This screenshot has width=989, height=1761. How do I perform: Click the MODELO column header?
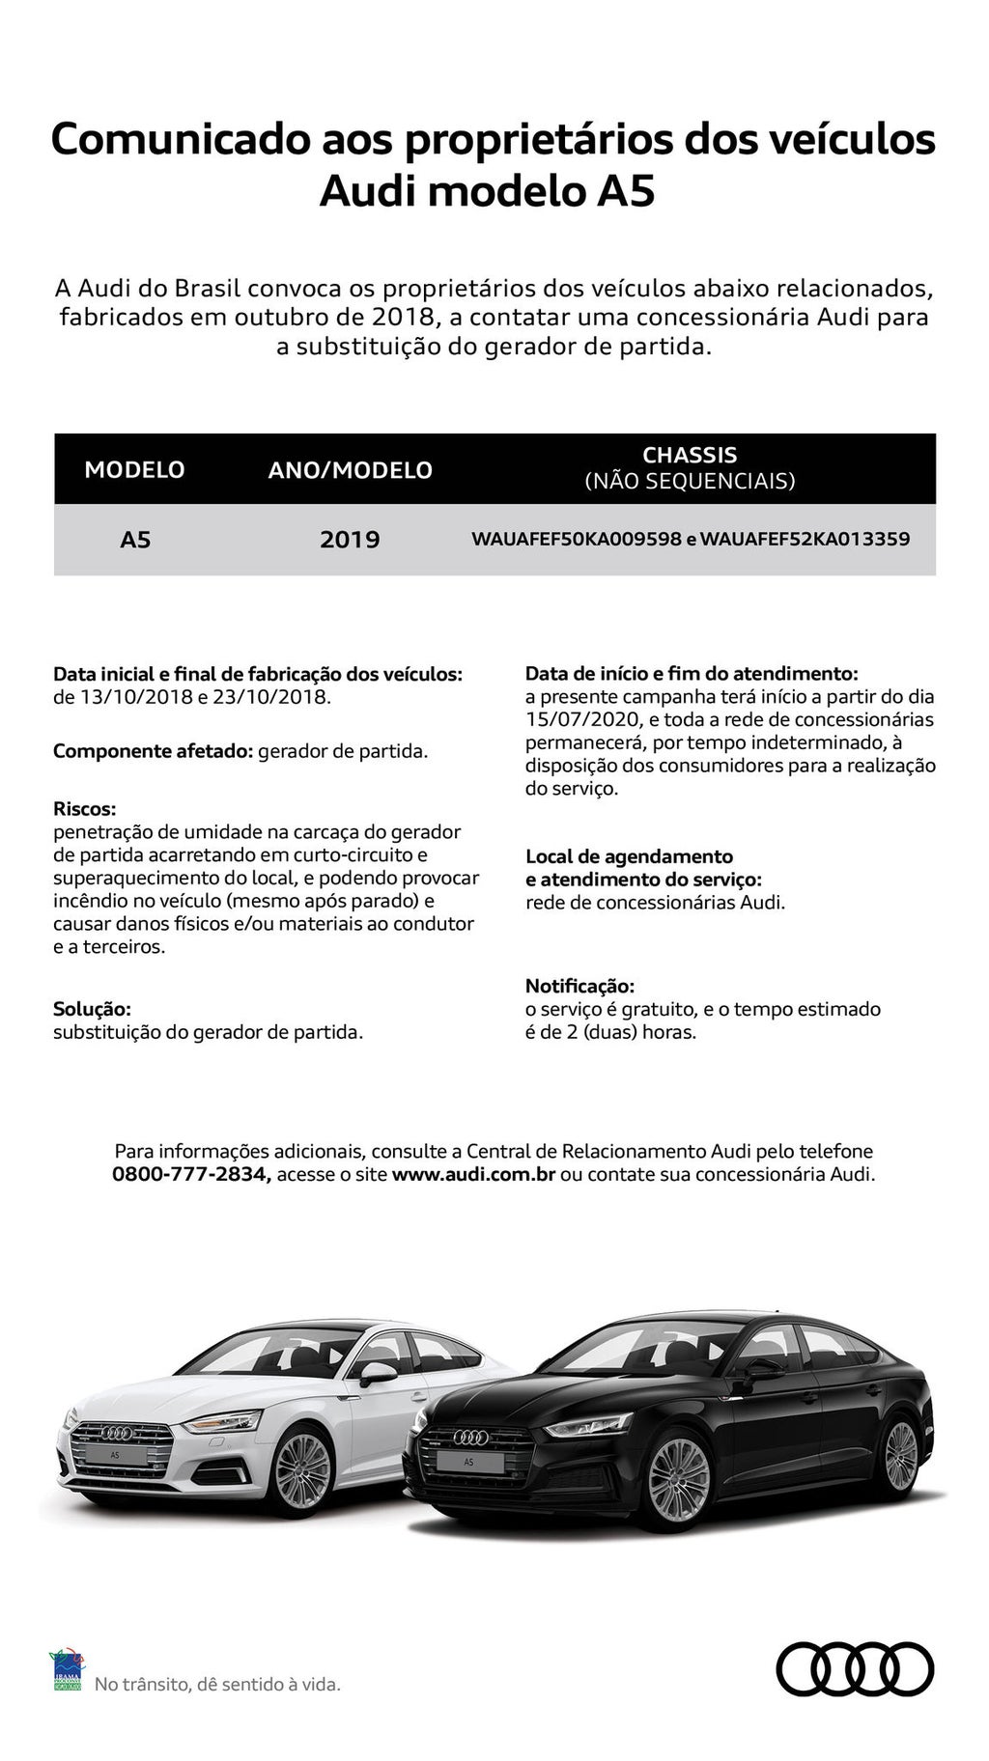click(x=134, y=470)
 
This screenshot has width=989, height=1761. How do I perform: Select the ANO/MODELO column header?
click(x=350, y=470)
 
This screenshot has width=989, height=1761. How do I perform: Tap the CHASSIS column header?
click(x=690, y=467)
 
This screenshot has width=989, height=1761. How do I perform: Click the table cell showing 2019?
click(x=350, y=540)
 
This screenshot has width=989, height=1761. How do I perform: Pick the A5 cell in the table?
click(x=135, y=540)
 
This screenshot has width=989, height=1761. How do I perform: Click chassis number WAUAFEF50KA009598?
click(x=577, y=539)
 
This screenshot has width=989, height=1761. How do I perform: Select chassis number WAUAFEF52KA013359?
click(x=805, y=539)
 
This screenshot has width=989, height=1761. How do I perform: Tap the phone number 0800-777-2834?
click(x=191, y=1175)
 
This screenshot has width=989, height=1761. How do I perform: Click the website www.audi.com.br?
click(x=473, y=1175)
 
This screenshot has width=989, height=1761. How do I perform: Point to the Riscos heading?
click(x=84, y=808)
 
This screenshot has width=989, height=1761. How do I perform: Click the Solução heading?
click(x=92, y=1009)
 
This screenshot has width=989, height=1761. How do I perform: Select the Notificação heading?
click(x=579, y=986)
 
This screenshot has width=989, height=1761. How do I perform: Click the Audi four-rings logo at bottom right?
click(x=855, y=1668)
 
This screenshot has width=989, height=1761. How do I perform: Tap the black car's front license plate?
click(x=468, y=1462)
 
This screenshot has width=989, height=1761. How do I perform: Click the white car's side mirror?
click(x=377, y=1371)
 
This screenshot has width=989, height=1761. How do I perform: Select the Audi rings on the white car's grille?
click(x=114, y=1434)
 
